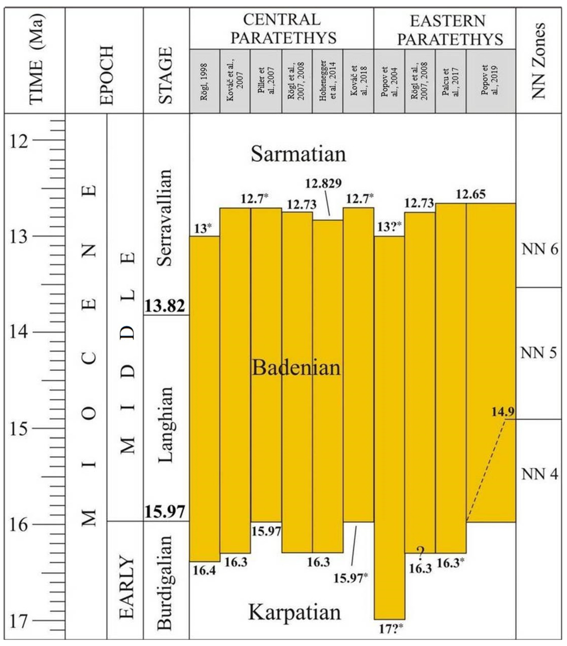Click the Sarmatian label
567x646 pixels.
tap(298, 154)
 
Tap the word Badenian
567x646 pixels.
tap(296, 368)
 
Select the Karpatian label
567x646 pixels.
tap(295, 612)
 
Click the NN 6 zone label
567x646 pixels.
tap(540, 250)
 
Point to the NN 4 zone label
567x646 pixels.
tap(540, 474)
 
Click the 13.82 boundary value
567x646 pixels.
tap(165, 306)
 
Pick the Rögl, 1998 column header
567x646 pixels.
tap(204, 81)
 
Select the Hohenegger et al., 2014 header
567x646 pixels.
tap(327, 81)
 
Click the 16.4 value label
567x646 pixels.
tap(204, 571)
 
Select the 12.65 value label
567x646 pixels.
tap(470, 194)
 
